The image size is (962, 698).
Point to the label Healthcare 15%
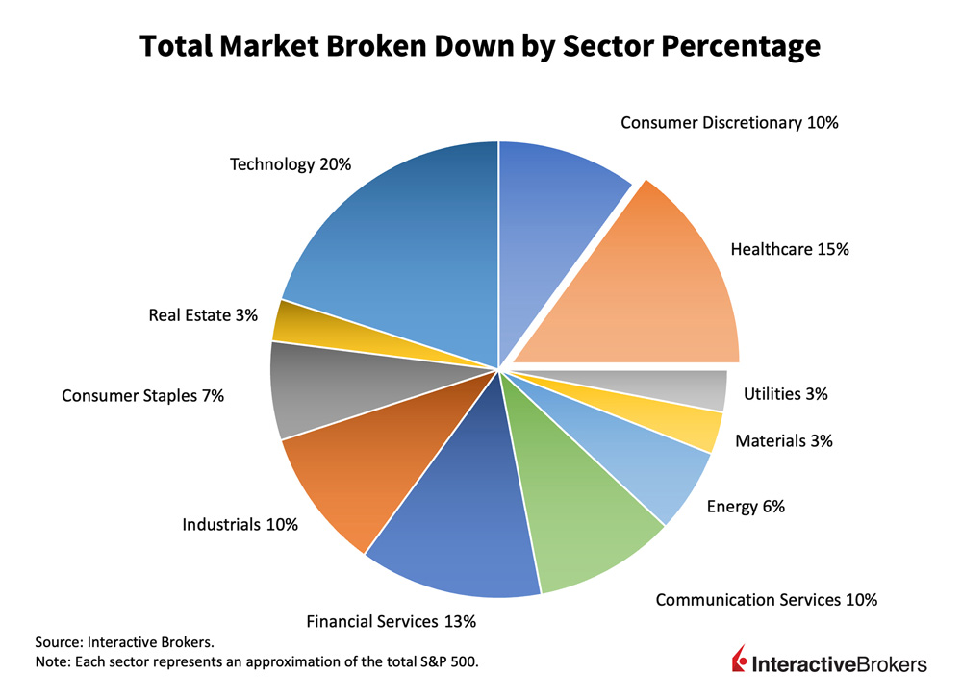coord(790,250)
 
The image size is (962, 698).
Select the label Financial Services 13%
coord(391,622)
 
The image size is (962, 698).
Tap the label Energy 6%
coord(746,507)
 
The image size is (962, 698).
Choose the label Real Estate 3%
coord(203,314)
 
